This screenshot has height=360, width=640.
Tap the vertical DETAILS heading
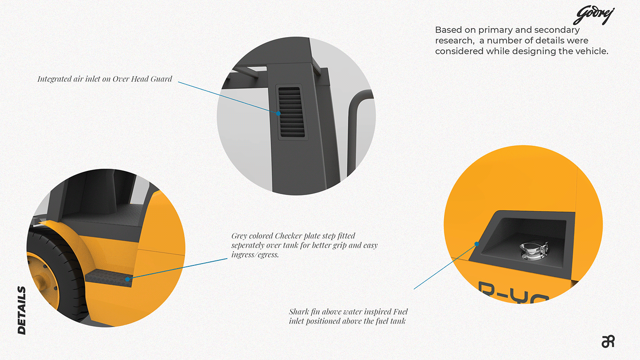point(21,311)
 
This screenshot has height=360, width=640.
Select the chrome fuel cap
point(529,251)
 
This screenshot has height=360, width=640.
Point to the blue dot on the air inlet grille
point(277,112)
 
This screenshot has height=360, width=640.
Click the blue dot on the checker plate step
point(128,278)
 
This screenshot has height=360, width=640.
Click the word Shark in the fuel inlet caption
point(300,312)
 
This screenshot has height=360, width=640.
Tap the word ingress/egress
point(255,254)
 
